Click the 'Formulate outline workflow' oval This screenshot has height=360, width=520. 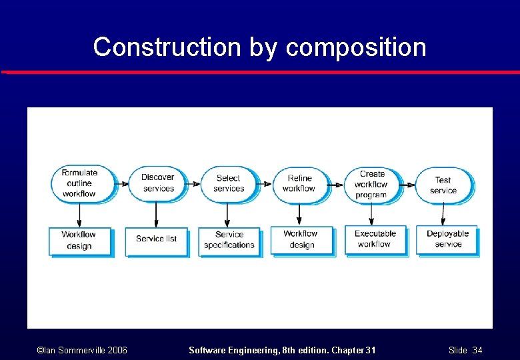tap(80, 183)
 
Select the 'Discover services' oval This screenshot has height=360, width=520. tap(157, 182)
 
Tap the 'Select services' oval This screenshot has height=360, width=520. tap(228, 183)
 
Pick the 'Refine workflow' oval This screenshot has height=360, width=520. tap(299, 183)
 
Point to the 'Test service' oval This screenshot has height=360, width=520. tap(443, 185)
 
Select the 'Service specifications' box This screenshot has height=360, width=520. tap(229, 240)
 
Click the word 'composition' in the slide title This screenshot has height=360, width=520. tap(356, 47)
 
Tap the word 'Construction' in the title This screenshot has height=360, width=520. tap(167, 47)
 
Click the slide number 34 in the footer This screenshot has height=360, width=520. tap(477, 350)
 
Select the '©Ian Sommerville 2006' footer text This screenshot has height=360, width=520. tap(82, 350)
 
